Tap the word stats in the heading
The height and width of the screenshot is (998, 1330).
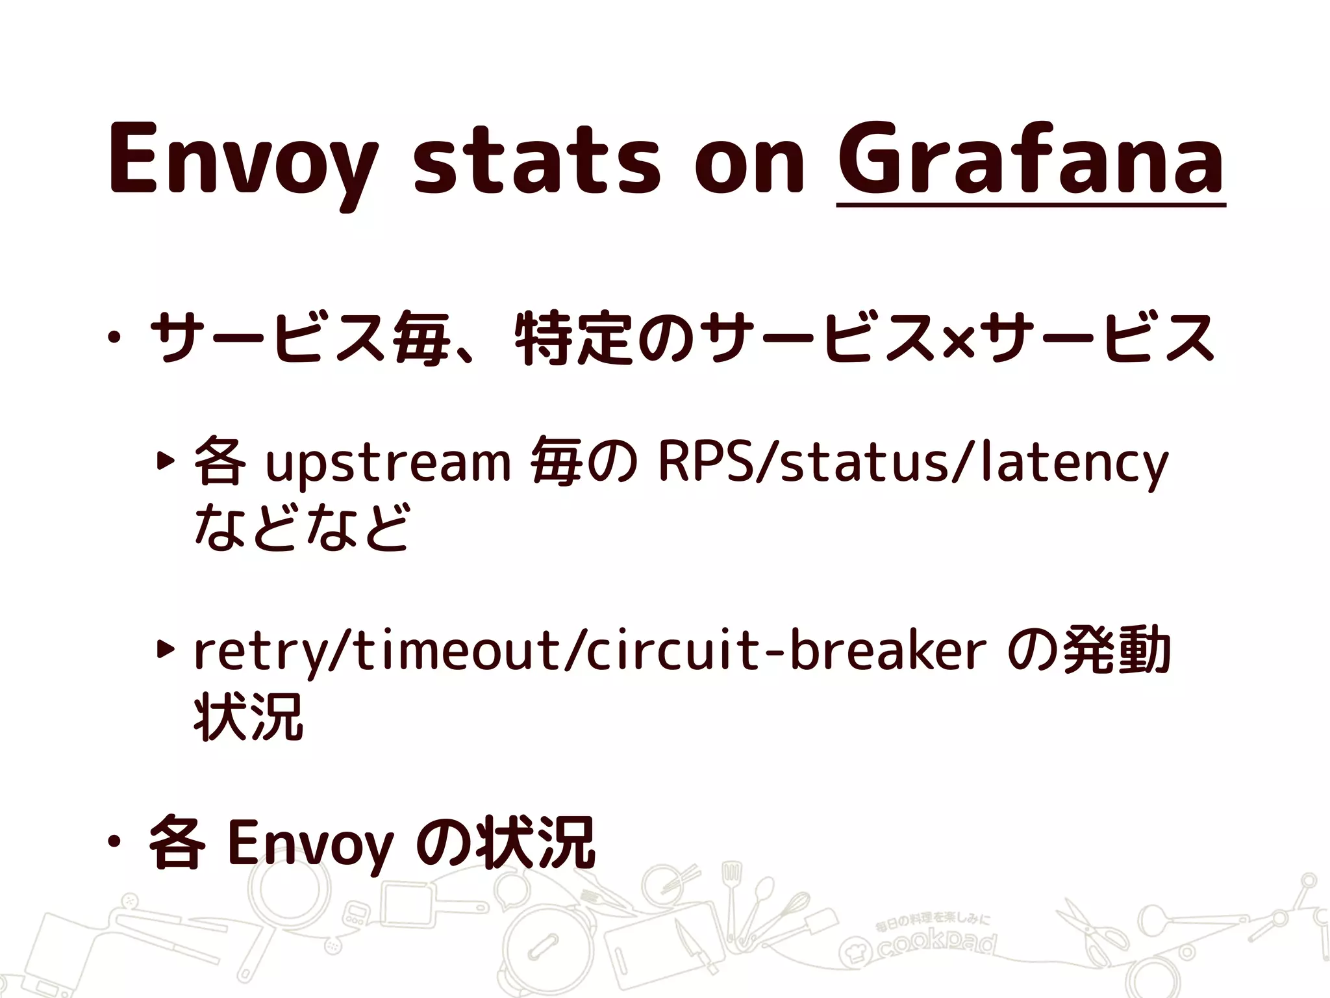536,159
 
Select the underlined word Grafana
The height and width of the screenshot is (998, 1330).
1031,159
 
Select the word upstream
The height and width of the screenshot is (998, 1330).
388,463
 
